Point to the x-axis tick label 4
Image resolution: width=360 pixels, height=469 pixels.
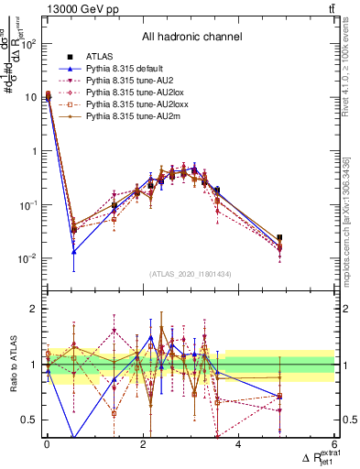pyautogui.click(x=238, y=445)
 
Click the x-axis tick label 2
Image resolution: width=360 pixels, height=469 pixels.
pyautogui.click(x=142, y=445)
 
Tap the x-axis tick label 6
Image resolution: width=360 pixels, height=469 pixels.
pyautogui.click(x=334, y=445)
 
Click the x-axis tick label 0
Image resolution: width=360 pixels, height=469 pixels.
pyautogui.click(x=47, y=445)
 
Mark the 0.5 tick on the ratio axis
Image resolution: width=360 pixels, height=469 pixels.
pyautogui.click(x=32, y=420)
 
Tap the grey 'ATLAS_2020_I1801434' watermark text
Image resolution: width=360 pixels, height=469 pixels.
pyautogui.click(x=191, y=275)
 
